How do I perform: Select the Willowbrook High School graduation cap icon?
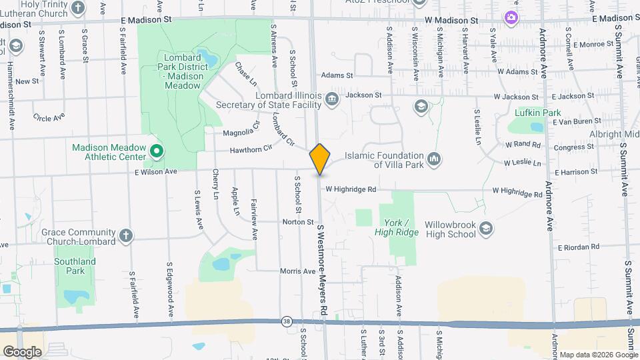point(485,229)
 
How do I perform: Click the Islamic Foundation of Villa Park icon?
point(435,158)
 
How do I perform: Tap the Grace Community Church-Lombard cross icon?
point(125,235)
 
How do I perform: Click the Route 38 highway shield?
point(287,321)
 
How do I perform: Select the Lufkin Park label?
point(542,113)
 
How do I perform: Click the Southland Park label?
point(75,266)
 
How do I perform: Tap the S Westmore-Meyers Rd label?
point(322,270)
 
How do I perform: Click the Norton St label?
point(297,221)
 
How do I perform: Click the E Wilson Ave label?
point(157,171)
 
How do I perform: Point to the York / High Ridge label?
point(401,227)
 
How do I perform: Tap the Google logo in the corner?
point(22,351)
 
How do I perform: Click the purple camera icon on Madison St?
point(511,17)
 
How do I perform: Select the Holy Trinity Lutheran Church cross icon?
point(79,8)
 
